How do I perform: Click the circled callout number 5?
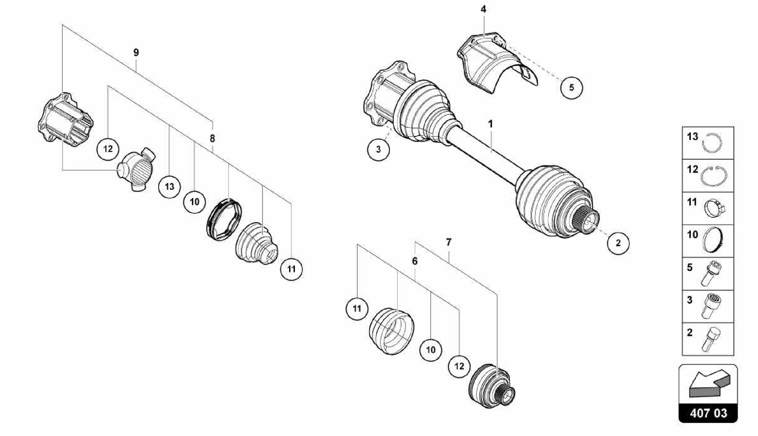pos(571,88)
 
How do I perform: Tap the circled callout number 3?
pos(378,150)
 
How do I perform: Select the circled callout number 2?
pos(618,243)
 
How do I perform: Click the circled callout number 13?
pos(170,187)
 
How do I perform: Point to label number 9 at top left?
pos(136,52)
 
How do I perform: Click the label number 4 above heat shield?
pos(483,9)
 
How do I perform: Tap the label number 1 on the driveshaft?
pos(490,124)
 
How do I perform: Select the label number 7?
pos(449,242)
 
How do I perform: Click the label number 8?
pos(212,139)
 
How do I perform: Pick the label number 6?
pos(415,261)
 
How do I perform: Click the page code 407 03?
pos(708,413)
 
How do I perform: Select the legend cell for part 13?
pos(708,143)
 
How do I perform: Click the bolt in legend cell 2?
pos(711,339)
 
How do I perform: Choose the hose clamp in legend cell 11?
pos(714,210)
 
